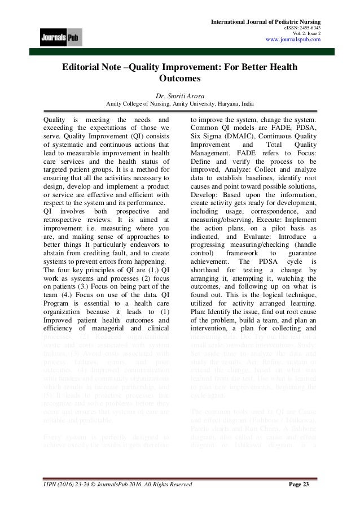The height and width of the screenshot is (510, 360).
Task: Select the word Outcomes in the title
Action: pos(180,80)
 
